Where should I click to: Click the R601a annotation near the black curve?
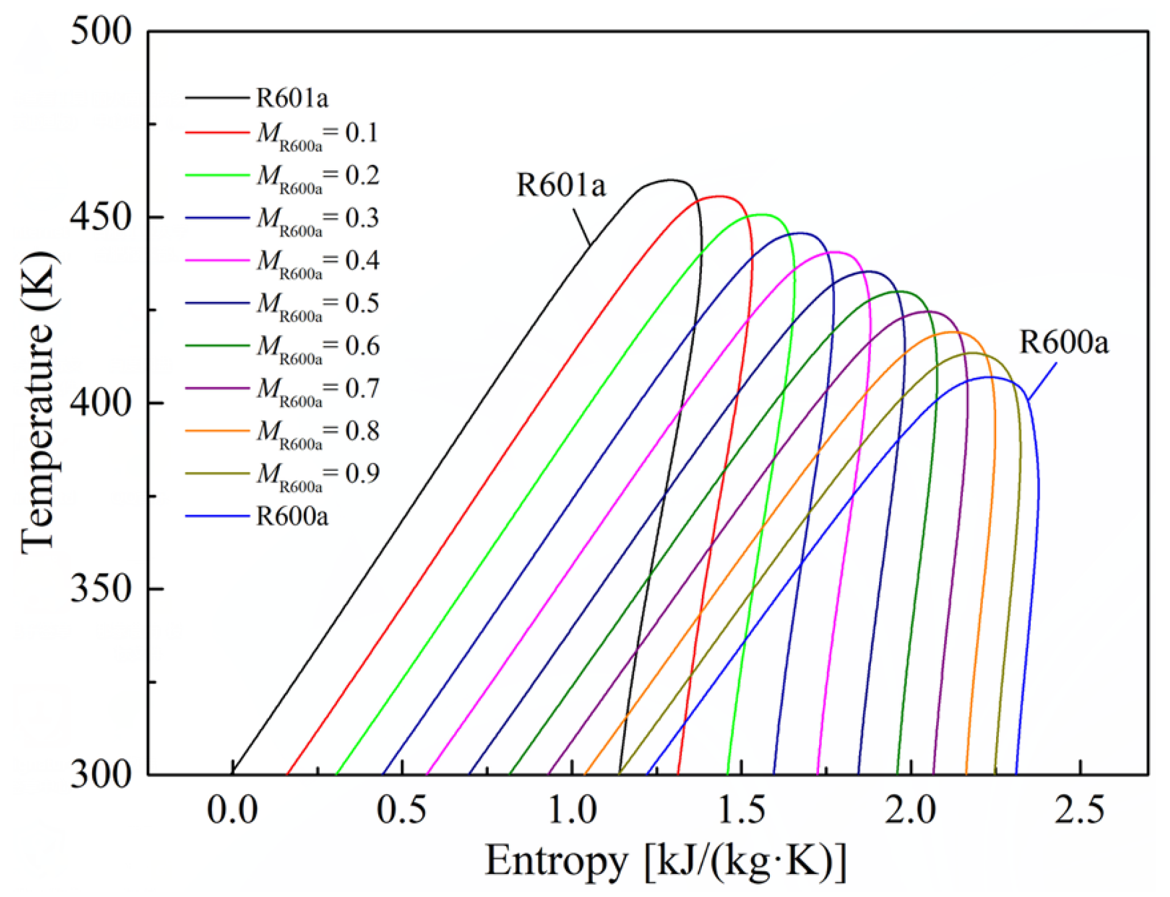[x=560, y=186]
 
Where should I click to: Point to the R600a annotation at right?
[x=1064, y=342]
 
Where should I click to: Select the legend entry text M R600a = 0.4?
[x=318, y=262]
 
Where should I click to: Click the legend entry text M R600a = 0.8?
[x=318, y=432]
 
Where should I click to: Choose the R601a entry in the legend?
[x=292, y=98]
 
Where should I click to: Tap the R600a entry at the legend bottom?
[x=292, y=516]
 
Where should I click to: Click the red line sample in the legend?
[x=217, y=132]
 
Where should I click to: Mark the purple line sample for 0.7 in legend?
[x=217, y=387]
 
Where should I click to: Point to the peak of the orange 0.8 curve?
[x=951, y=332]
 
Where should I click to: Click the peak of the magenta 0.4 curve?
[x=834, y=252]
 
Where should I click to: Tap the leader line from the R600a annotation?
[x=1042, y=381]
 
